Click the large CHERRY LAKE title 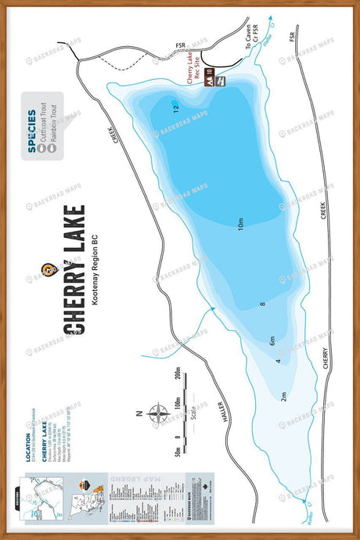tap(77, 271)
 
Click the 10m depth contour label tap(240, 225)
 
